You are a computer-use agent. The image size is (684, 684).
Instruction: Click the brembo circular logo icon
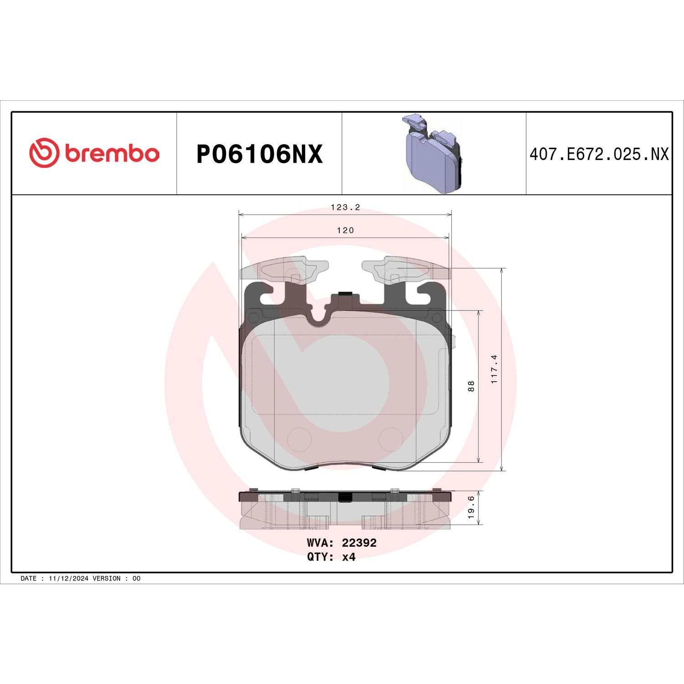[44, 152]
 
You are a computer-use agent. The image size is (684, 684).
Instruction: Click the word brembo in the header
[112, 154]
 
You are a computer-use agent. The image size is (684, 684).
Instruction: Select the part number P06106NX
[259, 154]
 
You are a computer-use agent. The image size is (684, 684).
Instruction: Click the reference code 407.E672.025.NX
[599, 155]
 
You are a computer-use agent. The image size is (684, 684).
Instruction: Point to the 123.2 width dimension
[345, 207]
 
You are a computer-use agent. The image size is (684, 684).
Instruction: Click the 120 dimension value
[345, 231]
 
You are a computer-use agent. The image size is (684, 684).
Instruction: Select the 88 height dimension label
[472, 386]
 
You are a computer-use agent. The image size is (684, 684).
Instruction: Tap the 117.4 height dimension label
[495, 369]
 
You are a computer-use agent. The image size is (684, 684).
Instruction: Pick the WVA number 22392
[359, 543]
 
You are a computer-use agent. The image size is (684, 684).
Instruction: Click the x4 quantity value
[349, 557]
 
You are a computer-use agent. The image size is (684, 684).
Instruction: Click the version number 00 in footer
[136, 578]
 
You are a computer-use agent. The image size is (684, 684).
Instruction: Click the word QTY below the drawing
[318, 557]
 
